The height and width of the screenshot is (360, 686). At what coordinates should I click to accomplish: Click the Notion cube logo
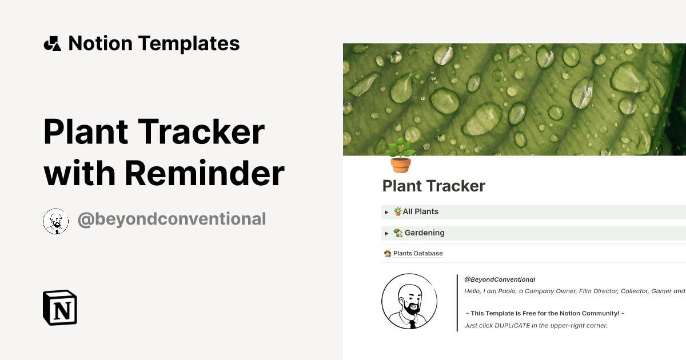pyautogui.click(x=60, y=307)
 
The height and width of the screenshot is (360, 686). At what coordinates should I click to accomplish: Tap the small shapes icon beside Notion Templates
pyautogui.click(x=52, y=43)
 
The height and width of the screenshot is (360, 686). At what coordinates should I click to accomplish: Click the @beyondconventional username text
pyautogui.click(x=171, y=219)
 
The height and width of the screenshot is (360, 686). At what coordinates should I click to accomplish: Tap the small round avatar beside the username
pyautogui.click(x=56, y=221)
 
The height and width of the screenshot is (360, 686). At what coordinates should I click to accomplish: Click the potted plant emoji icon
pyautogui.click(x=400, y=155)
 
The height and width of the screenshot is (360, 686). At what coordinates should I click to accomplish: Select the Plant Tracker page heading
pyautogui.click(x=434, y=186)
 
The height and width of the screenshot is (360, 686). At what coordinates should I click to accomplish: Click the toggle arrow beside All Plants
pyautogui.click(x=387, y=212)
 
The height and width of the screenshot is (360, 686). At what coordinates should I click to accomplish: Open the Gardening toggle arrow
pyautogui.click(x=387, y=233)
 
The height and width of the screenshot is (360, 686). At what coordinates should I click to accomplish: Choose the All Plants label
pyautogui.click(x=420, y=211)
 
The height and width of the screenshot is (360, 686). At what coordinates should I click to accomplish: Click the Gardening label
pyautogui.click(x=424, y=233)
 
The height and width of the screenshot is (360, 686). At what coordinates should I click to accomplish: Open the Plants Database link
pyautogui.click(x=418, y=253)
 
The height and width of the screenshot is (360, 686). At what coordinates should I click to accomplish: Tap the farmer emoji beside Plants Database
pyautogui.click(x=388, y=253)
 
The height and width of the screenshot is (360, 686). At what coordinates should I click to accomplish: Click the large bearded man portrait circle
pyautogui.click(x=409, y=302)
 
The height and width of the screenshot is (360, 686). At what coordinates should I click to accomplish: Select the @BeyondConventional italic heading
pyautogui.click(x=500, y=279)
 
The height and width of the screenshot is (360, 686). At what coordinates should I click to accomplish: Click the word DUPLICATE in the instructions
pyautogui.click(x=512, y=325)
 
